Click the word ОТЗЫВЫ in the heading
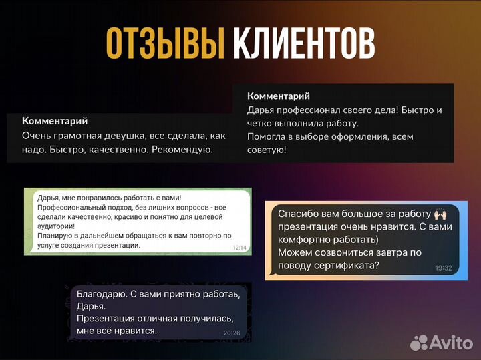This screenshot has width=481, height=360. [164, 45]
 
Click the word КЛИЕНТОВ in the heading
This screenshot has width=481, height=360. [304, 45]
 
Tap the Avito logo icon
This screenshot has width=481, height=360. [419, 343]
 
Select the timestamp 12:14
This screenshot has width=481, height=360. [239, 248]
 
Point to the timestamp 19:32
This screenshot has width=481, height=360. [443, 268]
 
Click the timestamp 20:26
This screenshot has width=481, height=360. [232, 332]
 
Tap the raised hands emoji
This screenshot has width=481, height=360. [440, 214]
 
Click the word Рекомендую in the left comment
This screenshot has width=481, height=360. [182, 150]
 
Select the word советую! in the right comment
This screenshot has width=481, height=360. [267, 150]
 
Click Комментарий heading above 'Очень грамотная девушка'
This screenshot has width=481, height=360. [55, 121]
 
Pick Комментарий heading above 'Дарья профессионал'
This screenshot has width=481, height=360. [279, 96]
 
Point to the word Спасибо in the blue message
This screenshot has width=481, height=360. [298, 214]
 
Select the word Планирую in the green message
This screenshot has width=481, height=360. [48, 235]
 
